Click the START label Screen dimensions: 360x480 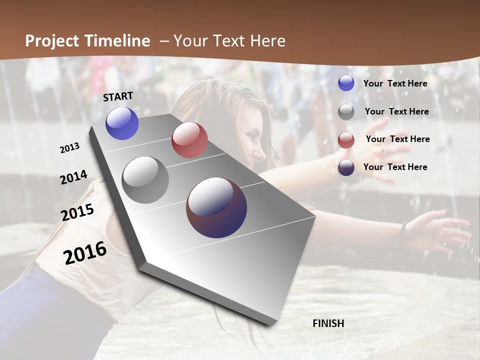point(118,96)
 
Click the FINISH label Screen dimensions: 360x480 point(328,323)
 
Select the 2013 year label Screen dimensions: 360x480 point(70,147)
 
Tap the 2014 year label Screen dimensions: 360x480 point(74,177)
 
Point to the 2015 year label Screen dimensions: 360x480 point(77,212)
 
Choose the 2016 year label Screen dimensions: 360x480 point(85,252)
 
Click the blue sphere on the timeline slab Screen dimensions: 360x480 point(122,123)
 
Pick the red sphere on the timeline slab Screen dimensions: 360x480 point(189,140)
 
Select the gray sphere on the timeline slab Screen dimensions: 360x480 point(145,180)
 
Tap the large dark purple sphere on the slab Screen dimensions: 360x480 point(216,207)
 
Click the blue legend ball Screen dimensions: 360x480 point(346,83)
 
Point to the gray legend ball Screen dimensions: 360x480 point(346,112)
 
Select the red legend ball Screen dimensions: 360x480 point(346,140)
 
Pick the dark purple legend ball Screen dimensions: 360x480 point(346,167)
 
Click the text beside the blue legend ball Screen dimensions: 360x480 point(395,83)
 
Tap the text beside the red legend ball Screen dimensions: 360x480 point(397,139)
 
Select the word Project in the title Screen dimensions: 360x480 point(51,41)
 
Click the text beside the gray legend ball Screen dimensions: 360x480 point(396,111)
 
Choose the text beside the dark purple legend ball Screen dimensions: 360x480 point(395,167)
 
